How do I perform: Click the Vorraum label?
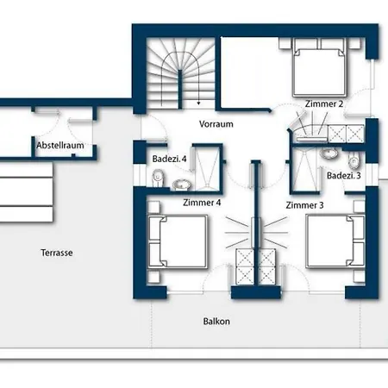(x=216, y=124)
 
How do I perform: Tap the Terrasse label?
(x=57, y=253)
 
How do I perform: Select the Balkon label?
(x=216, y=321)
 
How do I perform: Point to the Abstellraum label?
(x=60, y=145)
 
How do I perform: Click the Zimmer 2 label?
(x=324, y=103)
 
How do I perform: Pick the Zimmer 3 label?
(x=304, y=205)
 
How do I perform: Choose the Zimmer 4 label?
(x=202, y=203)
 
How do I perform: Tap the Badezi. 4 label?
(x=169, y=159)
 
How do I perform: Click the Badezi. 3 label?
(x=344, y=175)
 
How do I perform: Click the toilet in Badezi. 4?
(x=157, y=178)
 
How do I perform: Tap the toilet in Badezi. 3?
(x=354, y=160)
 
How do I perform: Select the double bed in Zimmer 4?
(x=178, y=241)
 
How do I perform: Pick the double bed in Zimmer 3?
(x=335, y=241)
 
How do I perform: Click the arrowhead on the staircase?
(x=198, y=103)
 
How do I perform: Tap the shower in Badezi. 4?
(x=207, y=167)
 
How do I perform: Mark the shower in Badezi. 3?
(x=305, y=170)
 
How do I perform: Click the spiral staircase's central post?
(x=180, y=89)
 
